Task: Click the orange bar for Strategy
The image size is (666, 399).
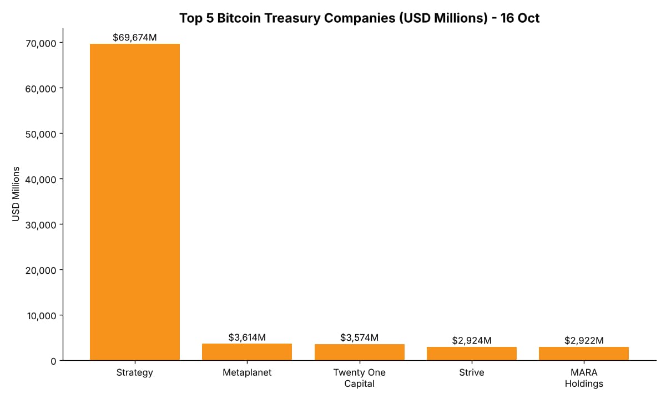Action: coord(135,202)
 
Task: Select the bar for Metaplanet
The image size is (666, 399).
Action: coord(247,352)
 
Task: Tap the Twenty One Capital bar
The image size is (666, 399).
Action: coord(360,352)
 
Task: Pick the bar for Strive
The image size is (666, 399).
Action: coord(472,354)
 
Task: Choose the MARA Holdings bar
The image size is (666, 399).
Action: coord(584,354)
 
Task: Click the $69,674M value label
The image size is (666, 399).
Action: coord(135,38)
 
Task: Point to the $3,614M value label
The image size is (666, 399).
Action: coord(247,337)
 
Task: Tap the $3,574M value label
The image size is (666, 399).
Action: coord(360,337)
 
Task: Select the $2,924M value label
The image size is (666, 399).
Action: coord(472,340)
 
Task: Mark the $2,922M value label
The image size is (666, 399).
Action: coord(584,340)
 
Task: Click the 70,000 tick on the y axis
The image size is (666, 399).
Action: coord(41,44)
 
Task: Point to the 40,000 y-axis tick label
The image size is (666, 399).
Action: coord(41,180)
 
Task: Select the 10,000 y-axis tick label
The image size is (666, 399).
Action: coord(41,316)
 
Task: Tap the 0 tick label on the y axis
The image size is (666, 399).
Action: coord(53,361)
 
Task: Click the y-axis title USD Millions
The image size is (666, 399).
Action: coord(16,194)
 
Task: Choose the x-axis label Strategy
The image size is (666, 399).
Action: coord(135,372)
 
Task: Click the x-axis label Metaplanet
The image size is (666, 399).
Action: coord(247,372)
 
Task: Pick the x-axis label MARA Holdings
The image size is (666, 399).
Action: coord(584,378)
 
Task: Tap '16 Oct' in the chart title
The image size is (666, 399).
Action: coord(519,18)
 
